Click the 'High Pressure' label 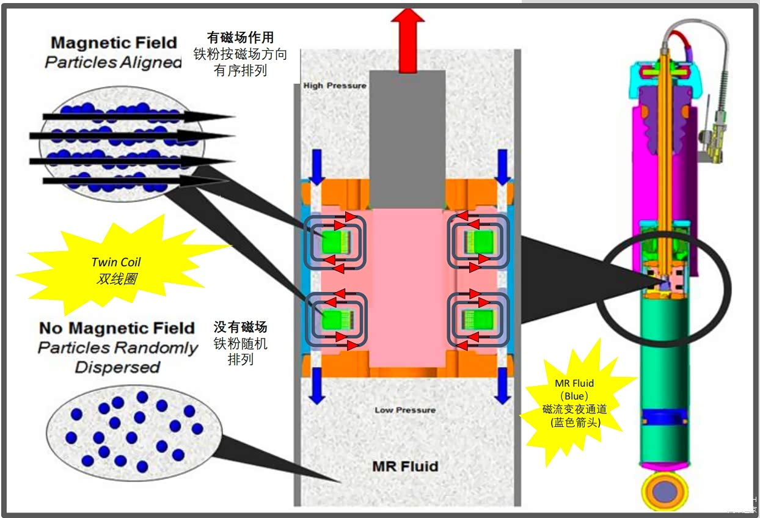point(335,86)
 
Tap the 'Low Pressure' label point(405,410)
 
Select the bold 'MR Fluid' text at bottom point(405,467)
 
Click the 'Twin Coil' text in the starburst point(116,262)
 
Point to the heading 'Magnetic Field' point(114,43)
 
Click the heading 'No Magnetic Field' point(117,328)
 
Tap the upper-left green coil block point(334,240)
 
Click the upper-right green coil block point(478,240)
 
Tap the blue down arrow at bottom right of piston point(502,386)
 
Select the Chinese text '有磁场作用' point(241,38)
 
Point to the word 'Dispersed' point(117,367)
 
